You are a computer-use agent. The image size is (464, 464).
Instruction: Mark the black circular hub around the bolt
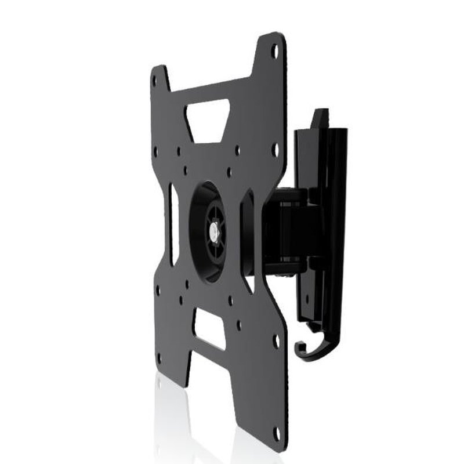(x=206, y=232)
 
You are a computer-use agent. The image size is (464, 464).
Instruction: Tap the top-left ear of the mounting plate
(x=159, y=81)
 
